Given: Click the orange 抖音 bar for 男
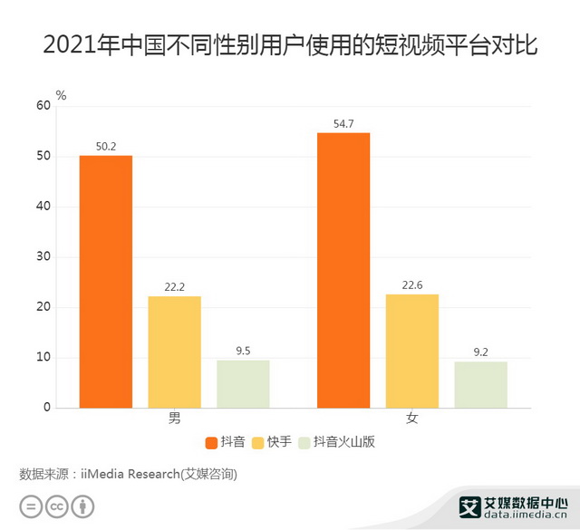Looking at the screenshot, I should pyautogui.click(x=105, y=282).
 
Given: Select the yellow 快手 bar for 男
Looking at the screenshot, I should pyautogui.click(x=174, y=352).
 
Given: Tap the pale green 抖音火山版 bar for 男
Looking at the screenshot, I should pyautogui.click(x=243, y=384).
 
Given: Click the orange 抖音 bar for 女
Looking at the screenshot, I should pyautogui.click(x=343, y=270).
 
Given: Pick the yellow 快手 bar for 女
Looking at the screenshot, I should pyautogui.click(x=412, y=351).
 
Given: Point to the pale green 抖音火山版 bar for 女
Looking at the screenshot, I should pyautogui.click(x=481, y=385).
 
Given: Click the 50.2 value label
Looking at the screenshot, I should pyautogui.click(x=105, y=147).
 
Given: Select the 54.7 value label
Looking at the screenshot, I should pyautogui.click(x=343, y=124).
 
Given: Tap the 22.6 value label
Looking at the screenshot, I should pyautogui.click(x=412, y=285).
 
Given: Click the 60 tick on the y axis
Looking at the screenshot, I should pyautogui.click(x=43, y=106).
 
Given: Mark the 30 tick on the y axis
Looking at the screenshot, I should pyautogui.click(x=43, y=257).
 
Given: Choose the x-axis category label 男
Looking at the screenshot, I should pyautogui.click(x=174, y=419).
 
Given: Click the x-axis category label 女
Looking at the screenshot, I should pyautogui.click(x=412, y=419).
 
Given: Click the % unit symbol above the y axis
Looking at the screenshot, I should pyautogui.click(x=61, y=94).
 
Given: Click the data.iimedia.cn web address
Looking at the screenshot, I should pyautogui.click(x=527, y=516).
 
